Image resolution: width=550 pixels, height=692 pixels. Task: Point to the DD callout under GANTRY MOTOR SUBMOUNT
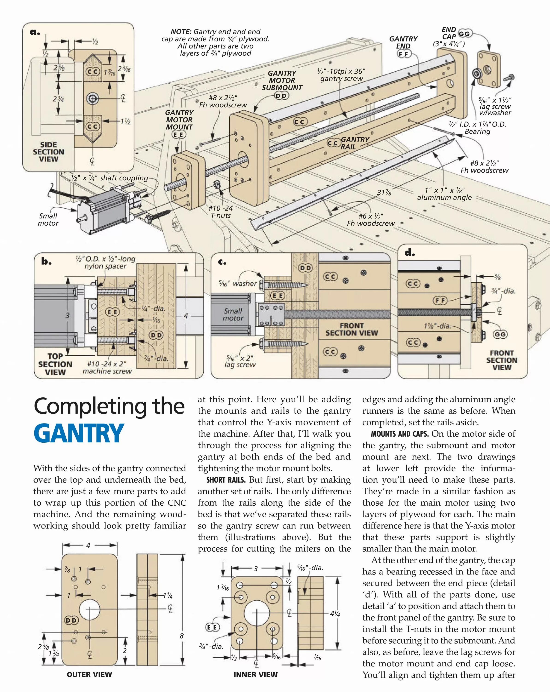[x=282, y=96]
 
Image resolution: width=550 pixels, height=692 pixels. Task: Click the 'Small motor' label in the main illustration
[x=48, y=220]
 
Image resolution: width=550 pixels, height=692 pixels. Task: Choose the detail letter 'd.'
[x=410, y=253]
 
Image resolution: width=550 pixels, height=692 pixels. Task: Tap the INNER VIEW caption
[x=256, y=675]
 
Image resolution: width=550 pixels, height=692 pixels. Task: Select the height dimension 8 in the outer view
[x=182, y=635]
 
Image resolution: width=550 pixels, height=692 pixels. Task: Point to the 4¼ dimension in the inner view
[x=335, y=614]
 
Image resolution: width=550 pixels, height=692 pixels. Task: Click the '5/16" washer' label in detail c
[x=238, y=284]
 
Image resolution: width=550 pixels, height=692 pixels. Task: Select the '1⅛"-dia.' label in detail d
[x=437, y=326]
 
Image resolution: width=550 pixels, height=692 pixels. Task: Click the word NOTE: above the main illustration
[x=181, y=32]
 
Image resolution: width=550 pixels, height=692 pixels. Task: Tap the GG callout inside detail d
[x=500, y=334]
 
